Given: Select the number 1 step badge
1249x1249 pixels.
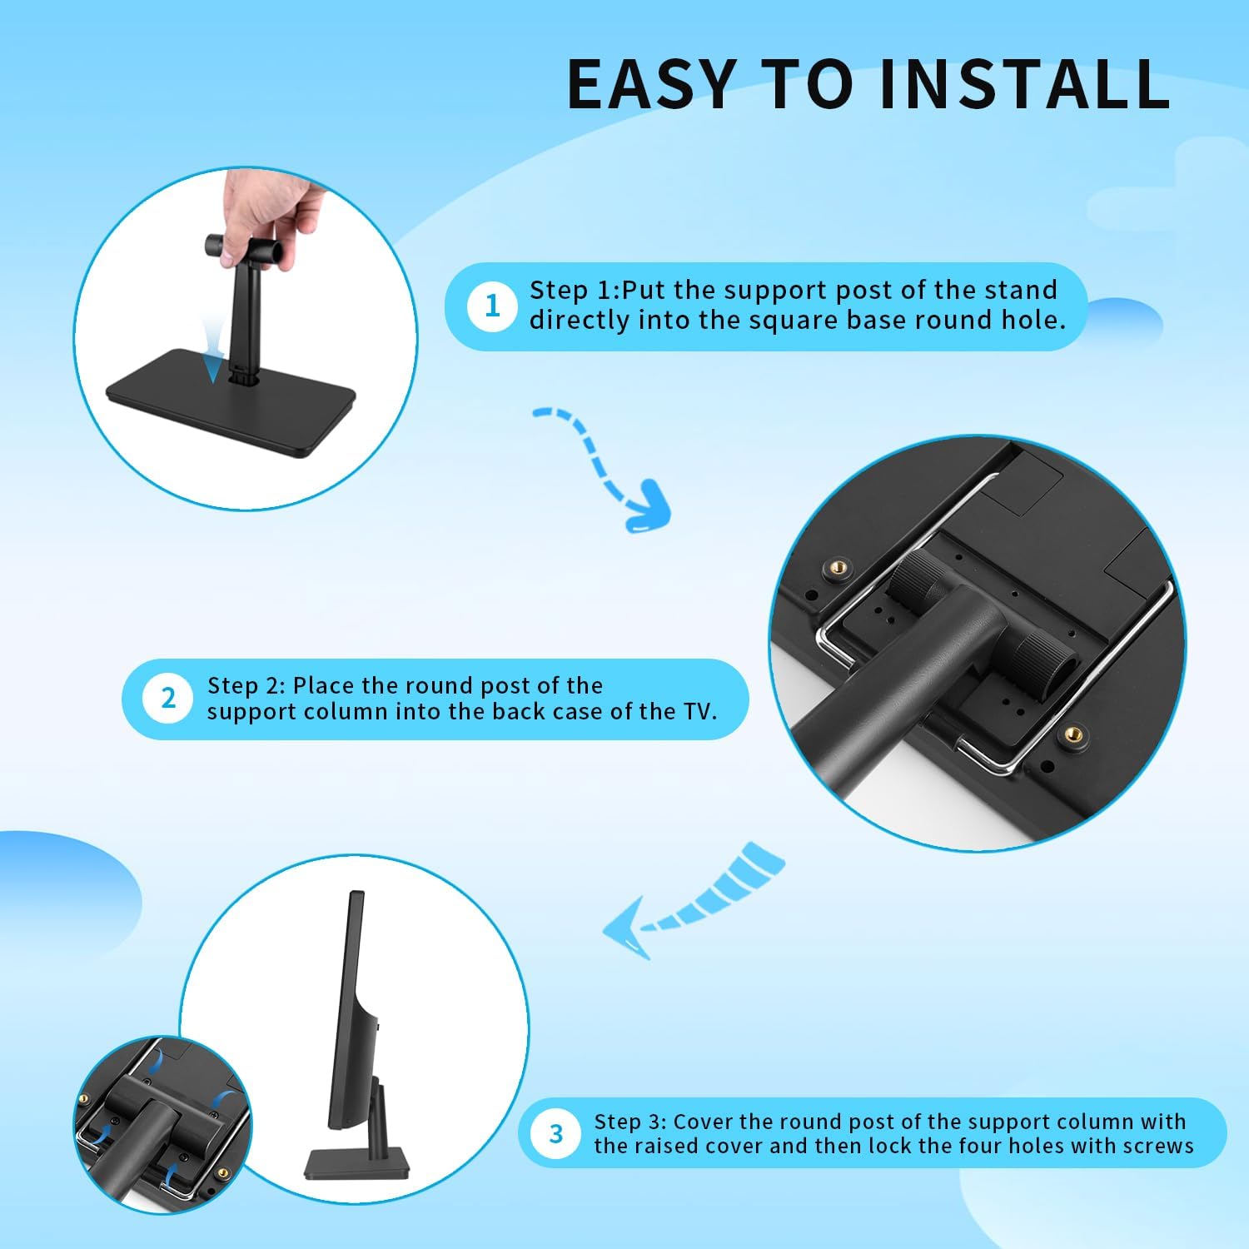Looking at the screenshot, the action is (492, 306).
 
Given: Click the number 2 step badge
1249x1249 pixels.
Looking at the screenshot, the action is (168, 699).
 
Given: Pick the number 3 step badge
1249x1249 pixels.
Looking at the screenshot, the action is (556, 1133).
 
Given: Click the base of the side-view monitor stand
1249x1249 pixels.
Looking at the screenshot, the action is (356, 1162).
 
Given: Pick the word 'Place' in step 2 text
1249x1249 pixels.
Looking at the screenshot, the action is (323, 685).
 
